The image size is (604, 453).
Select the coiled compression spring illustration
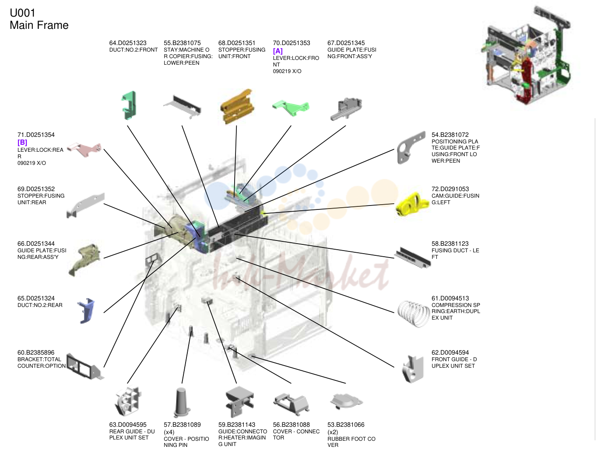coord(413,314)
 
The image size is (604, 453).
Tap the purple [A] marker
coord(277,51)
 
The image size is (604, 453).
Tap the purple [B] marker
coord(22,142)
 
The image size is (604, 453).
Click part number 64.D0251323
coord(128,43)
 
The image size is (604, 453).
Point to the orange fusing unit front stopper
coord(237,106)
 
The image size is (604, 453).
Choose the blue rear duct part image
coord(86,310)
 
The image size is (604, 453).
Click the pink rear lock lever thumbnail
coord(84,150)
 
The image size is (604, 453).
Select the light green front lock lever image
coord(291,108)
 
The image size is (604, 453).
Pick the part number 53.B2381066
coord(346,425)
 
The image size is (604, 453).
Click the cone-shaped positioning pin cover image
coord(182,402)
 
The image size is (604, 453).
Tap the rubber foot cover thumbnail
coord(347,401)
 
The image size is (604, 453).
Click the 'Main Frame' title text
coord(39,25)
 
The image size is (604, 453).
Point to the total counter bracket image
coord(85,366)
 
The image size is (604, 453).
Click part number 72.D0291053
coord(450,189)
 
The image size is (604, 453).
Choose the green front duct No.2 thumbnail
coord(129,105)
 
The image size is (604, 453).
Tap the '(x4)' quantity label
coord(169,432)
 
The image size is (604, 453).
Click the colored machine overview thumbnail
coord(526,55)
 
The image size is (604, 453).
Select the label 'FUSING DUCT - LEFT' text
coord(455,254)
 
